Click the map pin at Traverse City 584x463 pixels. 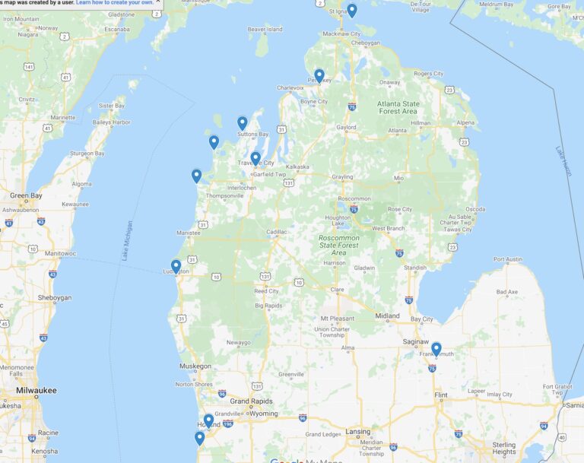tap(255, 159)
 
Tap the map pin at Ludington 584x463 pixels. tap(176, 266)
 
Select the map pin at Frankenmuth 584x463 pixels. tap(436, 349)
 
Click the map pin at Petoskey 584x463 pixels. tap(319, 76)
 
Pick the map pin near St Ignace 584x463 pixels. tap(352, 11)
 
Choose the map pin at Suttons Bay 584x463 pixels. tap(243, 123)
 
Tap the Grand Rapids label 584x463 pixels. tap(250, 401)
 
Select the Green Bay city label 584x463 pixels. tap(25, 195)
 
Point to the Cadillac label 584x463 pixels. tap(276, 232)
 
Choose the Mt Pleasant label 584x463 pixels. tap(338, 318)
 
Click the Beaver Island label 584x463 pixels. tap(265, 30)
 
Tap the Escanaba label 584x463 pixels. tap(117, 29)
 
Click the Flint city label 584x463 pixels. tap(440, 395)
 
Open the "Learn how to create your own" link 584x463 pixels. tap(114, 2)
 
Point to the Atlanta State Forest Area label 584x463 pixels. tap(399, 107)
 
